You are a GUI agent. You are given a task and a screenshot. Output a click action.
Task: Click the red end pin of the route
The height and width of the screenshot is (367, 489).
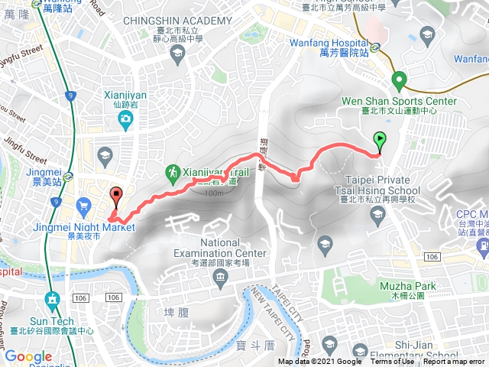116,196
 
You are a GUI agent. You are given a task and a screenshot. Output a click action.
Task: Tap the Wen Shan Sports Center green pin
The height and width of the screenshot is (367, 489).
398,80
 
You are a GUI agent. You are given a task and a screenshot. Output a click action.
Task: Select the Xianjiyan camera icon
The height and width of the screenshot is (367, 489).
125,119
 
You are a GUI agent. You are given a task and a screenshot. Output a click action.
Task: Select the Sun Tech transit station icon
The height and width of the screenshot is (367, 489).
52,278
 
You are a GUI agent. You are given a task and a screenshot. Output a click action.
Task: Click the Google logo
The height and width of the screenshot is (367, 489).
28,356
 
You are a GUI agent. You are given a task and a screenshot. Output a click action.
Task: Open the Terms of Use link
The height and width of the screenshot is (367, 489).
390,362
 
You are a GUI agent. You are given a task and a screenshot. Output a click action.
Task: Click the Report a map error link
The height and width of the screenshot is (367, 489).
454,362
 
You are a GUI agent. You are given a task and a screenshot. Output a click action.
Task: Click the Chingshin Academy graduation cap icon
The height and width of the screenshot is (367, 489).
178,51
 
